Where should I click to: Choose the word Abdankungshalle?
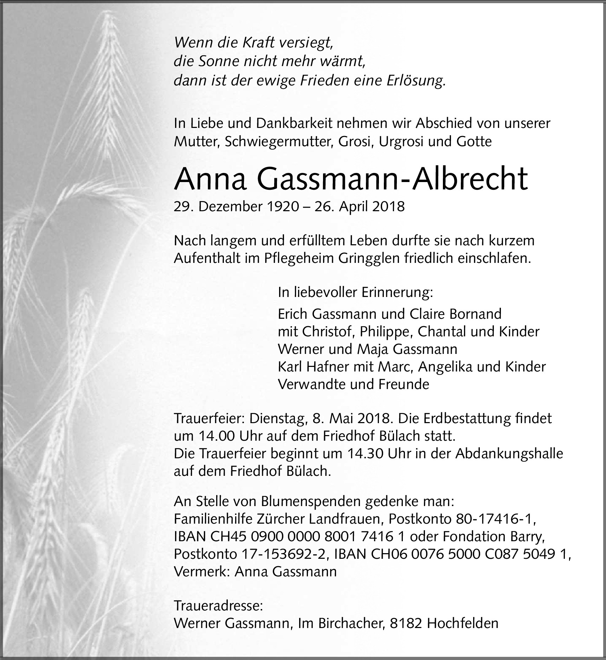(x=509, y=453)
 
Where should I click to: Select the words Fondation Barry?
(x=494, y=537)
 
